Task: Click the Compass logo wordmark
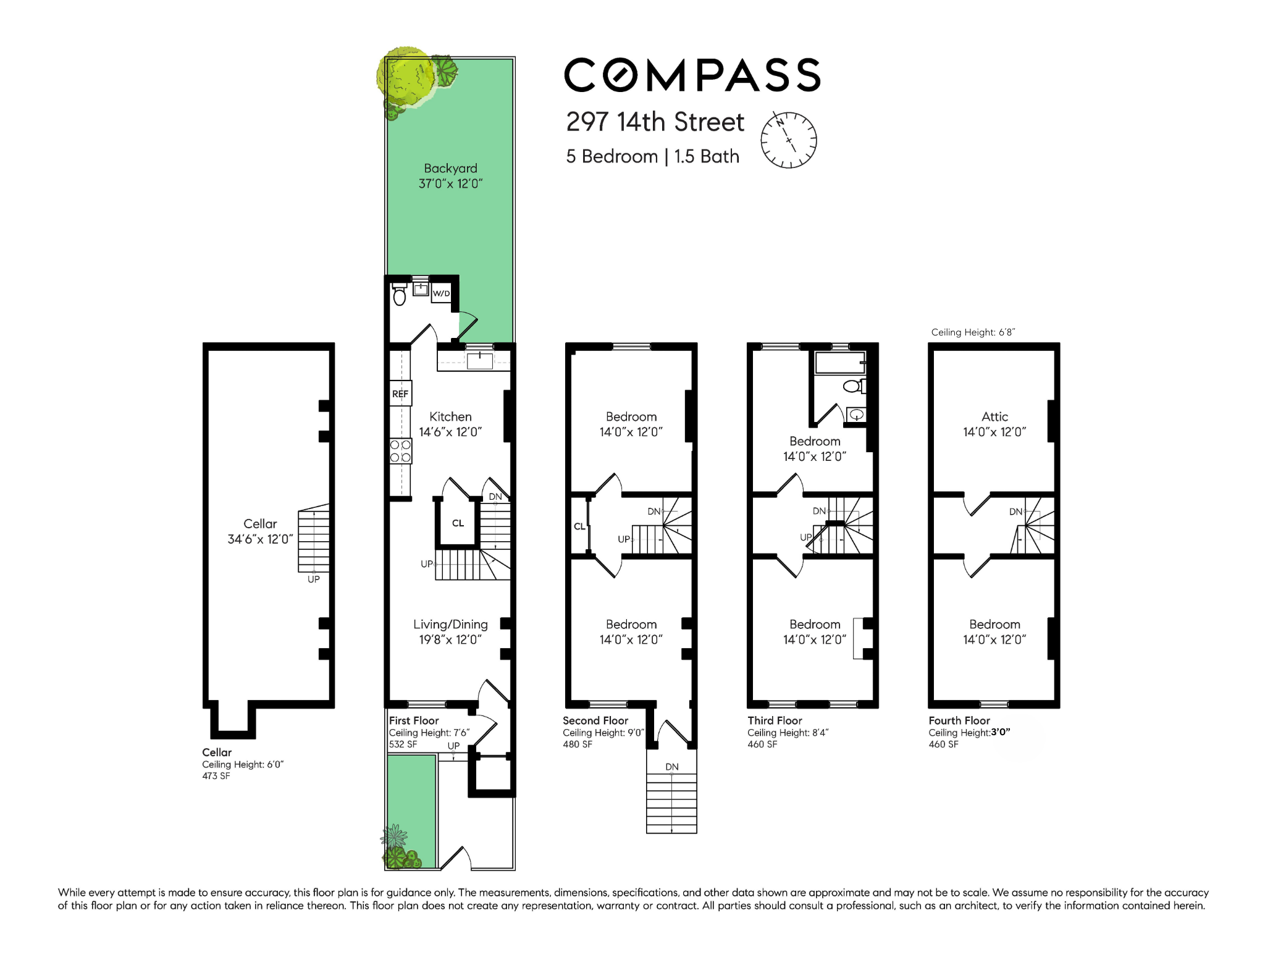coord(692,75)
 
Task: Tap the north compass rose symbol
coord(789,140)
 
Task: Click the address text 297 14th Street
coord(655,122)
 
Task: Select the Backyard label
coord(450,175)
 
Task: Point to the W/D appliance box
coord(441,293)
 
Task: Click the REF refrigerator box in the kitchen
coord(400,394)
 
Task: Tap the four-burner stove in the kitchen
coord(400,451)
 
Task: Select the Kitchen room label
coord(450,424)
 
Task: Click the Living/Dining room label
coord(450,631)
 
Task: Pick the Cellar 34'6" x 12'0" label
coord(260,531)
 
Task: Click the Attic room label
coord(994,424)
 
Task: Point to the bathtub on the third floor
coord(840,363)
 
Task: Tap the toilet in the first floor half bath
coord(399,295)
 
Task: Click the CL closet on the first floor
coord(458,523)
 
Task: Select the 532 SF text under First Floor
coord(403,744)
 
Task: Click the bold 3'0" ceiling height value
coord(1001,733)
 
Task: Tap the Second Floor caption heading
coord(595,720)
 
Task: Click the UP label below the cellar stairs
coord(314,580)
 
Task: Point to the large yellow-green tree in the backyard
coord(406,77)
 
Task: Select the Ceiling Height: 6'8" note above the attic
coord(973,332)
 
